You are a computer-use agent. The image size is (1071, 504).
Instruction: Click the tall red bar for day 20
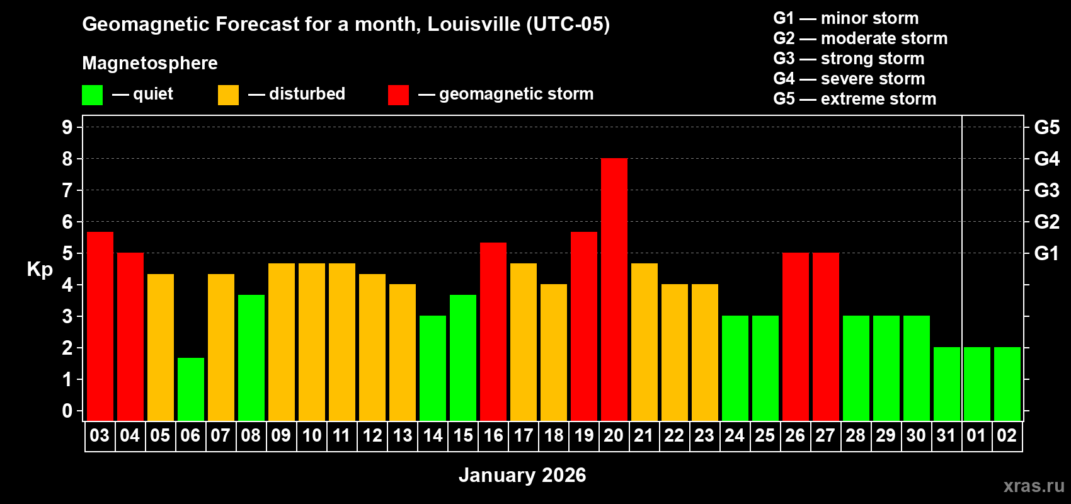click(x=614, y=289)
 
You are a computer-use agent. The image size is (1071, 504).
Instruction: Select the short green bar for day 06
click(x=190, y=389)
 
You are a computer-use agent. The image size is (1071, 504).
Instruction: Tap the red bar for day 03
click(x=100, y=326)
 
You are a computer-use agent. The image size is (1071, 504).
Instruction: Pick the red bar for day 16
click(x=493, y=331)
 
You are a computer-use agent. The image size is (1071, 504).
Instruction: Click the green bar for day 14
click(x=432, y=368)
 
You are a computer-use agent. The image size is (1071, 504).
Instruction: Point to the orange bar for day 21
click(x=644, y=341)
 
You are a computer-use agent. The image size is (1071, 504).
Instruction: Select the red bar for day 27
click(x=825, y=336)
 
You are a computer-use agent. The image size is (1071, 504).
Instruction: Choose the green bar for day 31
click(x=946, y=384)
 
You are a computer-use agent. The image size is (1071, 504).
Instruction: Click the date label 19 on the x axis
click(x=583, y=435)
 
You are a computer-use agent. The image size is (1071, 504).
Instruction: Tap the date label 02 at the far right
click(x=1007, y=435)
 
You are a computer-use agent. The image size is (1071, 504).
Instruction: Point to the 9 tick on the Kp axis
click(x=67, y=127)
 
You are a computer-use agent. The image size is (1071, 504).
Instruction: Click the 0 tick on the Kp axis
click(x=67, y=411)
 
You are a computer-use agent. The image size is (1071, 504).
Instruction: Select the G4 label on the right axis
click(x=1046, y=159)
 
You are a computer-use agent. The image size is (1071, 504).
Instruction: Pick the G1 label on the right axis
click(x=1046, y=253)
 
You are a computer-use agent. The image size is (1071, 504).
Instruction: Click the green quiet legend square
click(x=92, y=95)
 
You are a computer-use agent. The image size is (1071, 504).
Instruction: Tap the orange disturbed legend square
click(x=228, y=95)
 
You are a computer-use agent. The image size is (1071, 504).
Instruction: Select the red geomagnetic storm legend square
click(x=398, y=95)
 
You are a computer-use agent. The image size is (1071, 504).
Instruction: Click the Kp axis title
click(x=40, y=269)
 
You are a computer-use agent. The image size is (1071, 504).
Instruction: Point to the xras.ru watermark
click(x=1034, y=485)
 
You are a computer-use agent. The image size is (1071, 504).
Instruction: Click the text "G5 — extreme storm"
click(x=854, y=99)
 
